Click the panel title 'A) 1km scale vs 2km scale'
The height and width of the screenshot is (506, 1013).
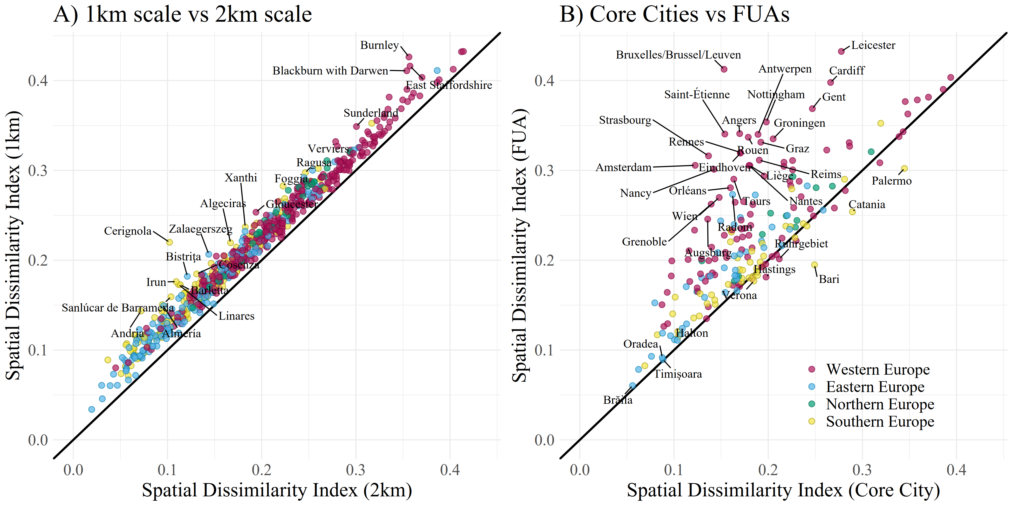click(183, 14)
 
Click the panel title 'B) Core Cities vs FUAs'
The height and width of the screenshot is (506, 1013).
click(674, 14)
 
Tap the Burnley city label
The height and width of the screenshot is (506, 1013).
click(379, 45)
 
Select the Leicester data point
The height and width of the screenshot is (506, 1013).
click(841, 52)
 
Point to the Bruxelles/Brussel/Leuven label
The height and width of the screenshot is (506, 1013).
click(678, 55)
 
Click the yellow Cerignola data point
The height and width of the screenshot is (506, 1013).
click(170, 242)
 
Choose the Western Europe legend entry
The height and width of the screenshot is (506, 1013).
click(878, 370)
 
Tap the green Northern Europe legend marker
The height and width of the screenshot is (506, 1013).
click(812, 404)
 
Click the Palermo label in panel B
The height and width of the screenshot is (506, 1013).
click(891, 181)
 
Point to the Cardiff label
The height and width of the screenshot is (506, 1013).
click(847, 71)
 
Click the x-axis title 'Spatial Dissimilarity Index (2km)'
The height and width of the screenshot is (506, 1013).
click(277, 490)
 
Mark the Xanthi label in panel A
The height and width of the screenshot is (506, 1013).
click(241, 178)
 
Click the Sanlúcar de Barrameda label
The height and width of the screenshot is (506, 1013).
click(118, 308)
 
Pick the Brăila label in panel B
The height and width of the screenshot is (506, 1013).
click(618, 400)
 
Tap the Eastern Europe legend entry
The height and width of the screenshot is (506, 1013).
click(875, 387)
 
